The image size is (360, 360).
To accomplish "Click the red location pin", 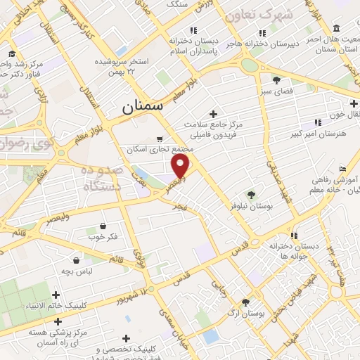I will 181,166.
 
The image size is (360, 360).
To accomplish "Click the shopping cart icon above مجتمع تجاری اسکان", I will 162,139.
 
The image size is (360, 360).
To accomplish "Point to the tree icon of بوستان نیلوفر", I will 251,194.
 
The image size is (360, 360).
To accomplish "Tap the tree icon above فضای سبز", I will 276,80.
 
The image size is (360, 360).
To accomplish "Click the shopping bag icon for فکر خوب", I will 104,226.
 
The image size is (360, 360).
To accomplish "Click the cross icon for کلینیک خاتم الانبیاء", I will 56,295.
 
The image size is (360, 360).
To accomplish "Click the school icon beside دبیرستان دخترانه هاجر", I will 262,32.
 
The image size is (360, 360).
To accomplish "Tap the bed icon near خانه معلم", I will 342,169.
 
